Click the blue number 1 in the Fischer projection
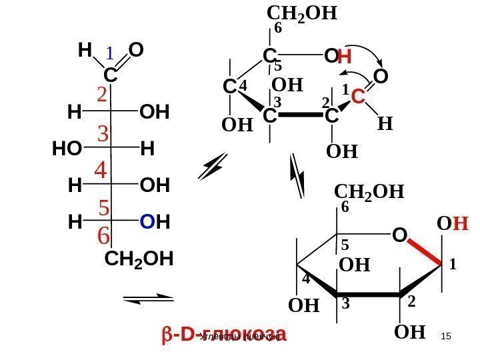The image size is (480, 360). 111,53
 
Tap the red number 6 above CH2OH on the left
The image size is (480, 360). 103,236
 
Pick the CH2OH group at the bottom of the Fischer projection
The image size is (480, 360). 139,259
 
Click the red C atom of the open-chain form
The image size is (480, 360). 357,97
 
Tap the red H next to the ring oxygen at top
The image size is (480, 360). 344,59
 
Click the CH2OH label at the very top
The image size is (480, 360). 301,13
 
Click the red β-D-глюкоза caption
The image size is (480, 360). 223,334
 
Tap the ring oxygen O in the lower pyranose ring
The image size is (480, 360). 399,235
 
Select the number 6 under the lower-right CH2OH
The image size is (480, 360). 345,208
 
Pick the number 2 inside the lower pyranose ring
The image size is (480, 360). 411,301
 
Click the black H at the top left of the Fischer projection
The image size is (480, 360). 85,51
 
